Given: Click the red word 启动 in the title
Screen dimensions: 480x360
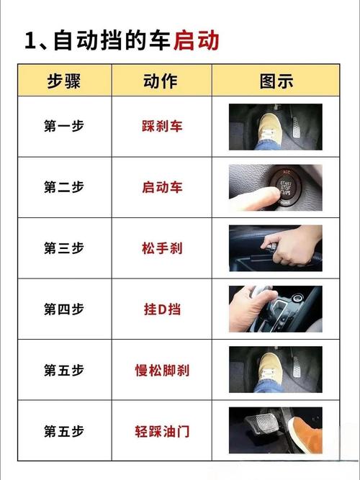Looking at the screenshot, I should (196, 40).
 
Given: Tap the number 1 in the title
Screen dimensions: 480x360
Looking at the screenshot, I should (30, 40).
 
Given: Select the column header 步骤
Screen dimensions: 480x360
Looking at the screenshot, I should (64, 80).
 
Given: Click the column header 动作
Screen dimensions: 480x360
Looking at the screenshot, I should (162, 80).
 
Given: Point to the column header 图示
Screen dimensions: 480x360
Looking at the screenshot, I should (275, 80).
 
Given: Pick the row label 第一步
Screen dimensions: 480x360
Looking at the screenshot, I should (64, 126).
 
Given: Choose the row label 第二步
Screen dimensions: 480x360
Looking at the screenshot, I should (64, 187).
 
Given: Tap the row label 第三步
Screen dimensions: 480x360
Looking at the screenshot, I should (64, 248).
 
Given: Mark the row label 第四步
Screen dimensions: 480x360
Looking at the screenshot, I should (64, 309).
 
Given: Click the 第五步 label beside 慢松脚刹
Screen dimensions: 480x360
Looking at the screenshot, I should (64, 371).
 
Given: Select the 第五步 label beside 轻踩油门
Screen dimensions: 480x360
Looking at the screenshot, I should (64, 432).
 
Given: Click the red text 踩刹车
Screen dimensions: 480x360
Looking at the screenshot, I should (162, 126).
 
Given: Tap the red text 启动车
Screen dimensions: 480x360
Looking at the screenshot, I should (162, 187).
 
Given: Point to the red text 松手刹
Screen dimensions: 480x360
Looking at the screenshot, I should (162, 248).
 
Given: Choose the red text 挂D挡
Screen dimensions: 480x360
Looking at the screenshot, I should (162, 309).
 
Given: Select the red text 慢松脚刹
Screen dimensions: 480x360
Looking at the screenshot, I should (162, 371).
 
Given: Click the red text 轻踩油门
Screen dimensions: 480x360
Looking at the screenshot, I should (162, 432).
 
